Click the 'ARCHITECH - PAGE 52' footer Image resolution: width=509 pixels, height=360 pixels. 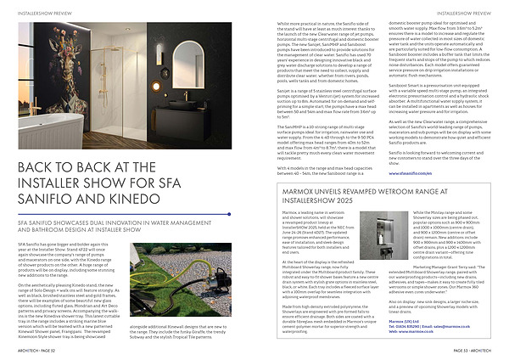pyautogui.click(x=34, y=350)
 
